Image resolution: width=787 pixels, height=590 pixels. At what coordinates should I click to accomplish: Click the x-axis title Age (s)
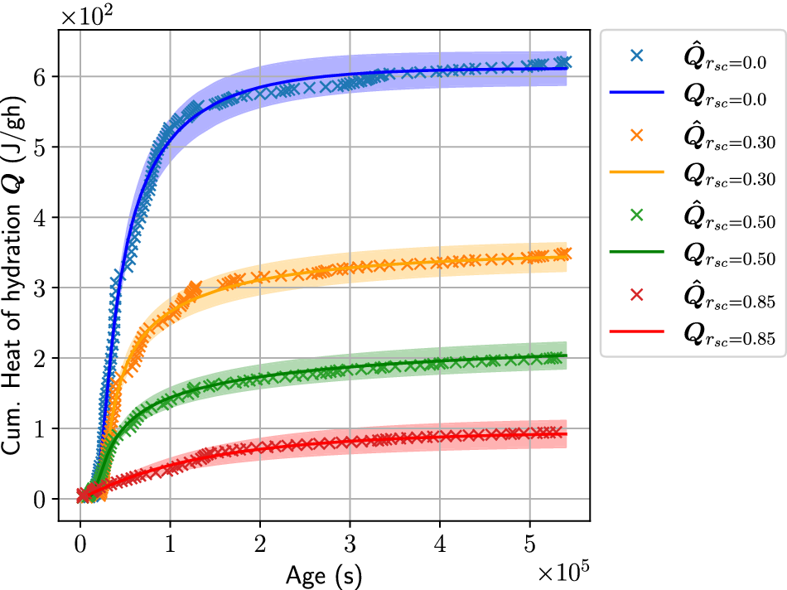point(324,573)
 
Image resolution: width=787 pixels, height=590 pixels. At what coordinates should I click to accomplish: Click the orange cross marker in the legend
point(637,134)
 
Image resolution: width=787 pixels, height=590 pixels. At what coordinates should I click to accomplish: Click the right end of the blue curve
point(567,67)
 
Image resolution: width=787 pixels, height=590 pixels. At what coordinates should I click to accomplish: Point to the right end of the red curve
point(567,434)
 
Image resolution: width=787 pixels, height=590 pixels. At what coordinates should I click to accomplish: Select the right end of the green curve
point(567,355)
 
